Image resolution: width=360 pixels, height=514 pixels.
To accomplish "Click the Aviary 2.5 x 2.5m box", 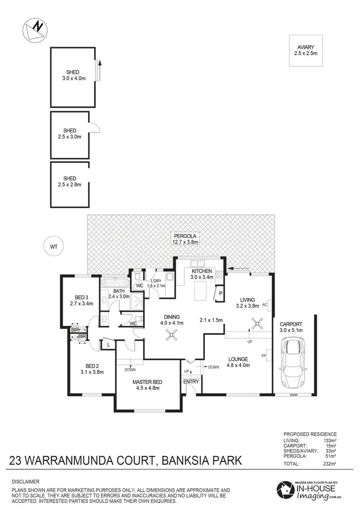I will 305,49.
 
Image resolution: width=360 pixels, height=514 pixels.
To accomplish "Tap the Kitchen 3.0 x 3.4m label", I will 201,274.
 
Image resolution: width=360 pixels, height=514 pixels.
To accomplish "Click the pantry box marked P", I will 220,294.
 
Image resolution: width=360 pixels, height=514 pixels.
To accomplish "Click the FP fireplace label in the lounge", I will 264,356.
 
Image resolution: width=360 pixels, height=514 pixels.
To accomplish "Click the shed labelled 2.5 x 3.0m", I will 71,134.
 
